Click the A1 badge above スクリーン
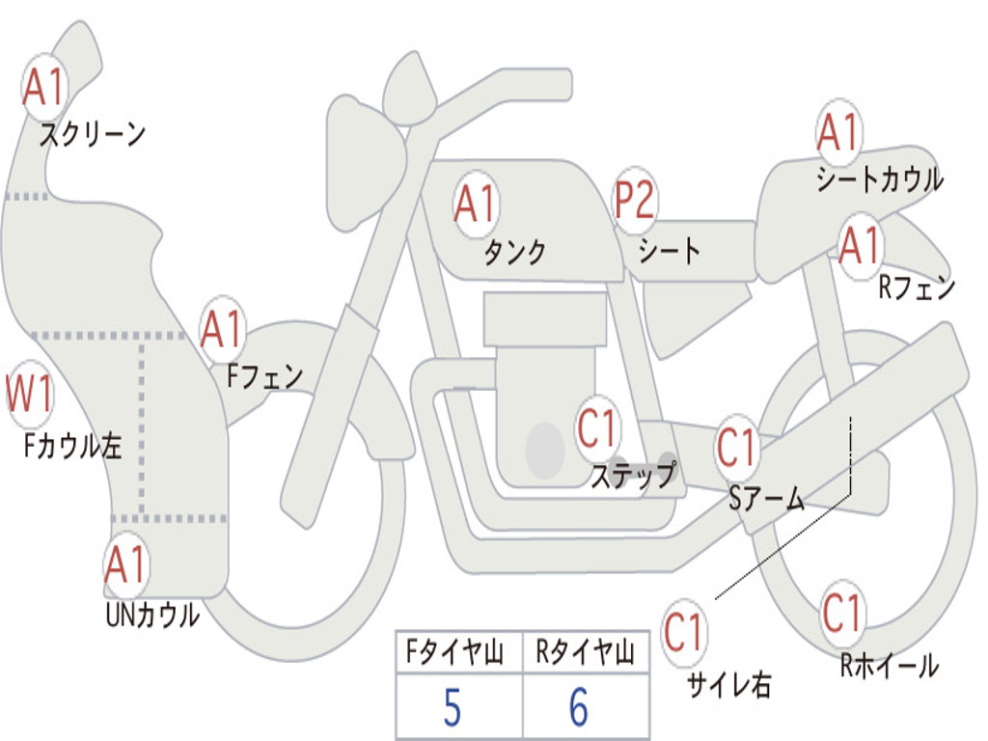(x=44, y=87)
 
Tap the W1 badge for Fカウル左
(x=29, y=394)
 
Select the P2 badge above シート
(x=635, y=201)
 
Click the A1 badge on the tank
(x=477, y=205)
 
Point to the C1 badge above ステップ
(x=597, y=428)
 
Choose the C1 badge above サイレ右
(x=683, y=633)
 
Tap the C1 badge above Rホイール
(x=843, y=613)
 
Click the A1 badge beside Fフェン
(x=223, y=329)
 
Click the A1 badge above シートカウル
(x=839, y=132)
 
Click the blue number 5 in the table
(x=453, y=707)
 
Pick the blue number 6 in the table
(x=579, y=707)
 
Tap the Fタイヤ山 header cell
(x=459, y=651)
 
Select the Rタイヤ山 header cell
(x=586, y=651)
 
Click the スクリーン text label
(x=93, y=133)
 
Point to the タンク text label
(x=515, y=252)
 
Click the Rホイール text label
(x=890, y=666)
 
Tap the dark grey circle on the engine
(x=545, y=450)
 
